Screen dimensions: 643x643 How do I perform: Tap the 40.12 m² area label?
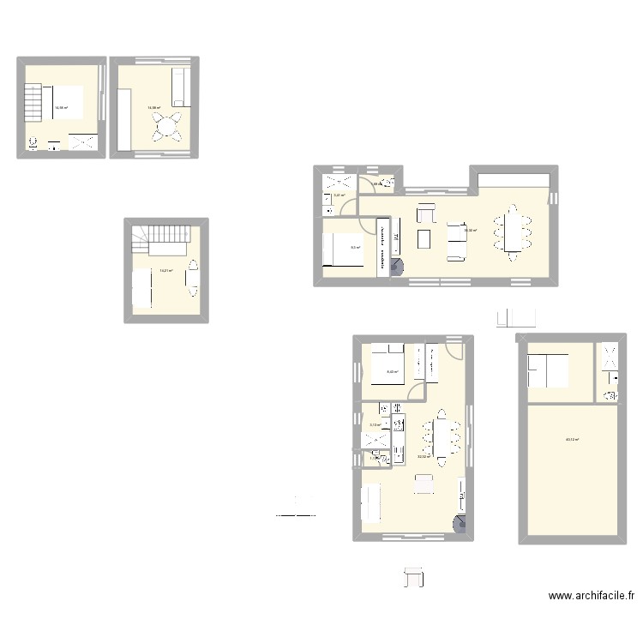[572, 440]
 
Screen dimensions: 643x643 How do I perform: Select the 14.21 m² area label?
[166, 271]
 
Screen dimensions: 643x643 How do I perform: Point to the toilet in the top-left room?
[33, 143]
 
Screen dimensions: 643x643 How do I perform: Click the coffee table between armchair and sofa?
[424, 237]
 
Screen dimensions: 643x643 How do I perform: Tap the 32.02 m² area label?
[423, 457]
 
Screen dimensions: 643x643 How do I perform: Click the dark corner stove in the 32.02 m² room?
[461, 526]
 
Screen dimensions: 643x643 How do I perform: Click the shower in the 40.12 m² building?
[610, 360]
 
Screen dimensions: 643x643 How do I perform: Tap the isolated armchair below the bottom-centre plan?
[415, 578]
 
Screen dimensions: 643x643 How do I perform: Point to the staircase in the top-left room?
[32, 105]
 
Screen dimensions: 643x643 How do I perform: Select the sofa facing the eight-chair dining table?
[456, 239]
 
